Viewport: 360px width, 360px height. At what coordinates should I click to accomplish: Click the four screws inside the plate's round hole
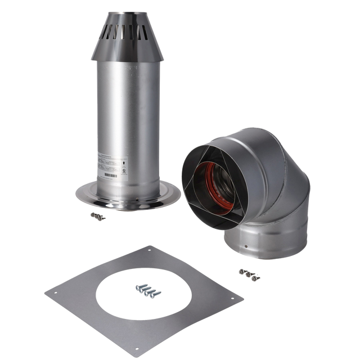[x=146, y=290]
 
